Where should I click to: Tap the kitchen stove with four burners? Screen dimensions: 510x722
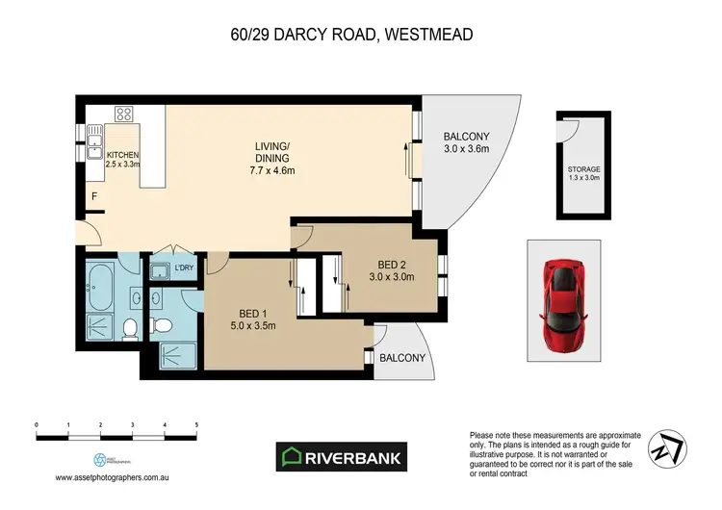[124, 114]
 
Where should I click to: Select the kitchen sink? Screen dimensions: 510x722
[96, 144]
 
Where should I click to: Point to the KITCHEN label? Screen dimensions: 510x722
[123, 155]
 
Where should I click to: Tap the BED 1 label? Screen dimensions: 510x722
[258, 312]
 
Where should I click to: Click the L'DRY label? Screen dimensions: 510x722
[184, 268]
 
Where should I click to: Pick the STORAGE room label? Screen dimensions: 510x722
[583, 168]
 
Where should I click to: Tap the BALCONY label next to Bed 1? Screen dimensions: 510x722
[402, 358]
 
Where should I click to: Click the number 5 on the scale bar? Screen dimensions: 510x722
[196, 423]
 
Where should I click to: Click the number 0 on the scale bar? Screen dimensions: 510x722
[36, 423]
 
